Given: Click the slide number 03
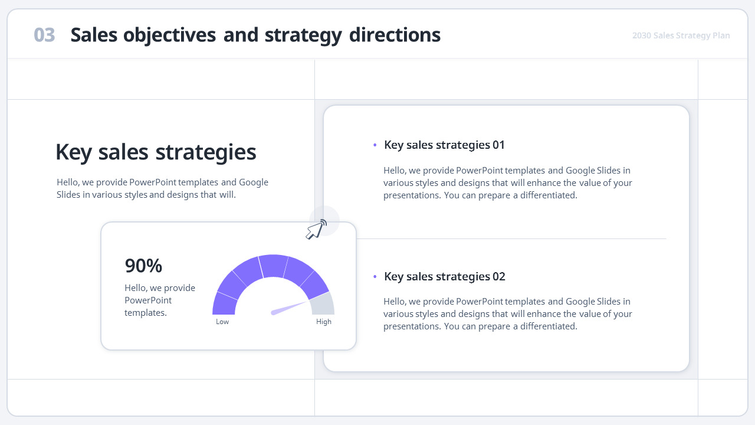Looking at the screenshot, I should [x=44, y=35].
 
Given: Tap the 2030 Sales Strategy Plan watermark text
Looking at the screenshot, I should [x=681, y=35].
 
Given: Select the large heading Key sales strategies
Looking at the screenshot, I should [x=156, y=152].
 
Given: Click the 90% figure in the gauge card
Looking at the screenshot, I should [x=143, y=266].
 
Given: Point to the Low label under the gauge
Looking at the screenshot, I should [x=222, y=322].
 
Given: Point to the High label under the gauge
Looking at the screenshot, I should [x=324, y=322].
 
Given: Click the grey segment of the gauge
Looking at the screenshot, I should [x=323, y=304].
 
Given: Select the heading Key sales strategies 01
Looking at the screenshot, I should [x=444, y=145].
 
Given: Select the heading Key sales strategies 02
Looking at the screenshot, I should [x=445, y=276].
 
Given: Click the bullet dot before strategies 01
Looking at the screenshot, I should [x=375, y=145].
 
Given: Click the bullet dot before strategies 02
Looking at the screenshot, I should [x=375, y=276].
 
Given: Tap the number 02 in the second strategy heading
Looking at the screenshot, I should [x=499, y=276].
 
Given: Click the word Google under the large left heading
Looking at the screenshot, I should [x=254, y=182].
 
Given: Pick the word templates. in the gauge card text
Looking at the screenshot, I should [x=146, y=313].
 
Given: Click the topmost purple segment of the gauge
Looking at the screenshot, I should [x=273, y=266].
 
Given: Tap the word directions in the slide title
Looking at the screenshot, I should [x=395, y=35].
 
